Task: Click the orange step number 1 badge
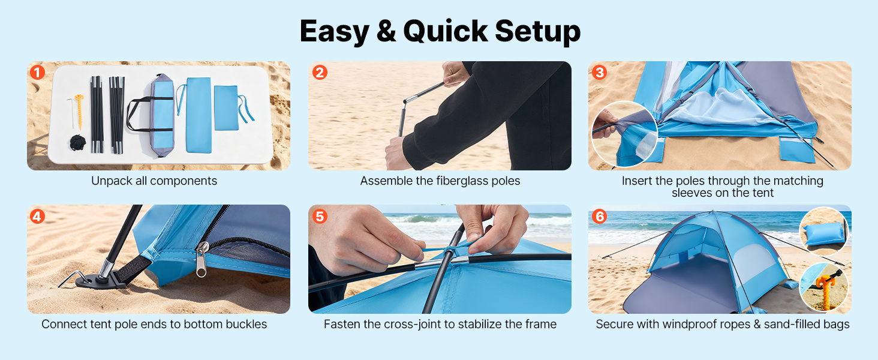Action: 38,73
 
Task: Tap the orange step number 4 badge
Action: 38,217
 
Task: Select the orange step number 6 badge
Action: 599,217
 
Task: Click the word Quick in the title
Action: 445,31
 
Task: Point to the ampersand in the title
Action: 386,31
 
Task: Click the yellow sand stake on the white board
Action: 80,112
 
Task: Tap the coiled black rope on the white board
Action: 77,143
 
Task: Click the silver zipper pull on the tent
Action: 202,259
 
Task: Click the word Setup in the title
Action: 537,31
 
